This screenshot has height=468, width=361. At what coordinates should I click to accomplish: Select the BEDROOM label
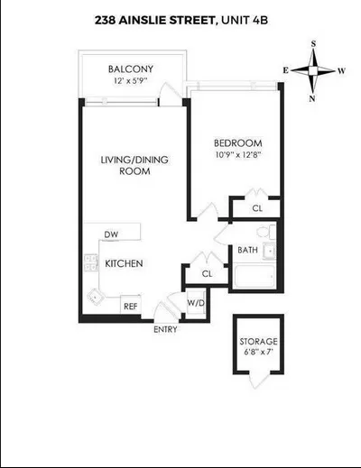(x=237, y=143)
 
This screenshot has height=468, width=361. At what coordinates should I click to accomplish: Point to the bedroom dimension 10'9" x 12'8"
(x=237, y=155)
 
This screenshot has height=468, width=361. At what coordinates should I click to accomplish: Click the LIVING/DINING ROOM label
(x=134, y=166)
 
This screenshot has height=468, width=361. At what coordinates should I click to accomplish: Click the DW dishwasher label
(x=111, y=234)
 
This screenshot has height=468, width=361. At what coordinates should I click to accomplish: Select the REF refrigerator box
(x=131, y=307)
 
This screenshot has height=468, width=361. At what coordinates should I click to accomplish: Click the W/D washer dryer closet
(x=196, y=303)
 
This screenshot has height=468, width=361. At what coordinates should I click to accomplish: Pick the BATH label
(x=248, y=250)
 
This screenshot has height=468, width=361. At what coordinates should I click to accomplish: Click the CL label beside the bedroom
(x=256, y=208)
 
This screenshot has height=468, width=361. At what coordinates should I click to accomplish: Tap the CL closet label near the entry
(x=206, y=272)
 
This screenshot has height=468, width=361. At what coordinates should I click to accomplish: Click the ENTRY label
(x=165, y=329)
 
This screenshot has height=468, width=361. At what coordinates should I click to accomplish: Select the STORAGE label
(x=258, y=342)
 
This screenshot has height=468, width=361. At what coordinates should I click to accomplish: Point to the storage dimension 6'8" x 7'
(x=258, y=353)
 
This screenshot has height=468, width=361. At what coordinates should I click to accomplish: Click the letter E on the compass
(x=285, y=69)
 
